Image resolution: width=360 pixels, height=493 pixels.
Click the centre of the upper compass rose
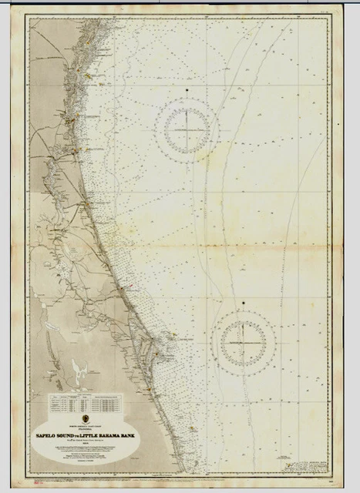187,128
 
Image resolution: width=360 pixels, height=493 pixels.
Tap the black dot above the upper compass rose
187,90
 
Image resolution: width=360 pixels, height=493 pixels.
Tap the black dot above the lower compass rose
243,303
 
